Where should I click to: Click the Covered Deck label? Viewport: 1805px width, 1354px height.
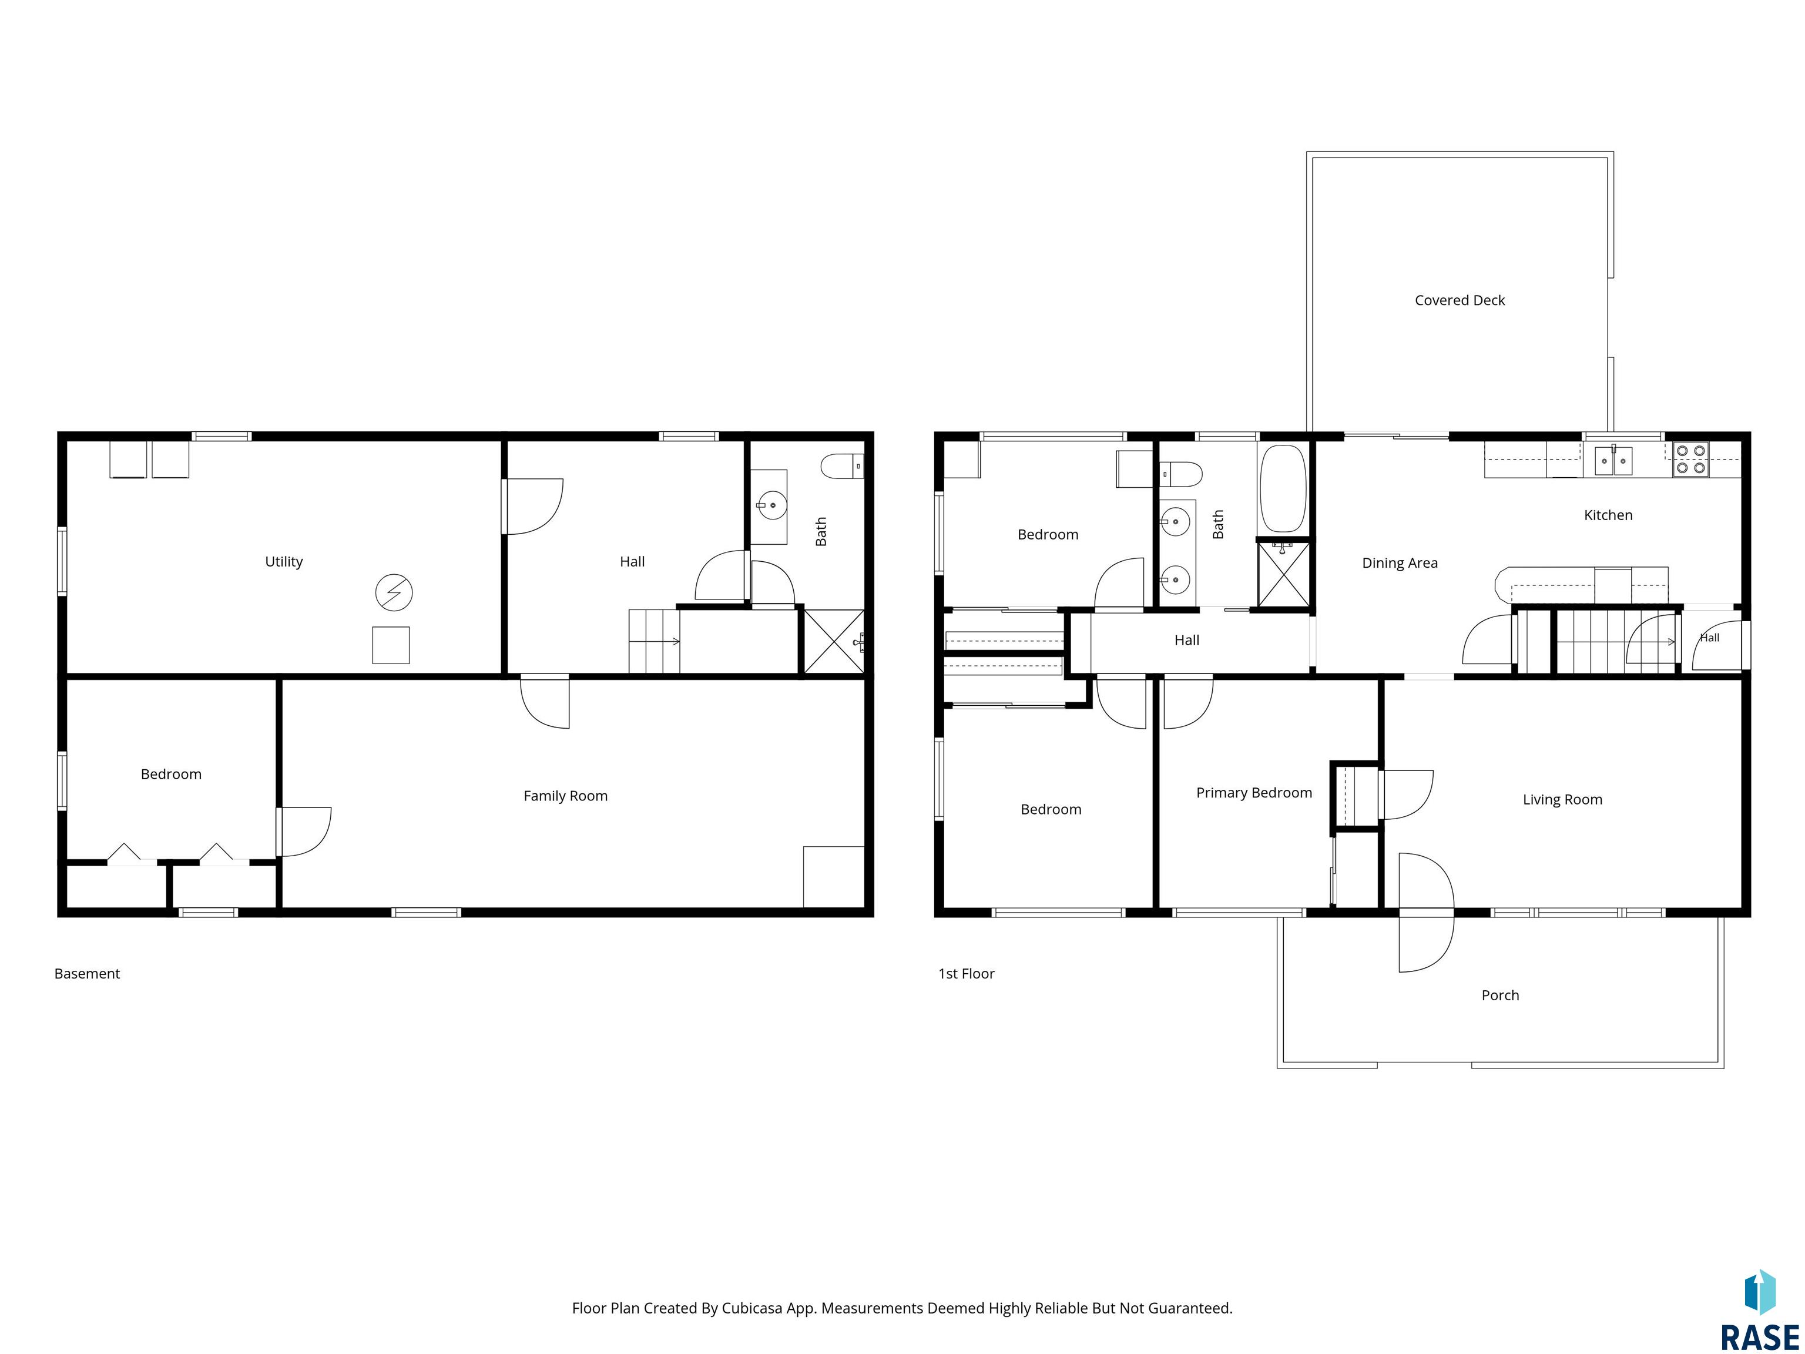click(1460, 300)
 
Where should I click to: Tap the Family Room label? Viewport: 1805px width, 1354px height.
click(565, 796)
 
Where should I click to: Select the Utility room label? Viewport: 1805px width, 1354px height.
click(284, 561)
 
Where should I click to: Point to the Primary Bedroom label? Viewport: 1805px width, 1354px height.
click(1254, 793)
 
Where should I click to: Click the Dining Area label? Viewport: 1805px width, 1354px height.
click(1400, 563)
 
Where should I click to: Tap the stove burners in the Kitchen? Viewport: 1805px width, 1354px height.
click(1691, 460)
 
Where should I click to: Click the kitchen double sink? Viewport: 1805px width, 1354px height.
click(1613, 460)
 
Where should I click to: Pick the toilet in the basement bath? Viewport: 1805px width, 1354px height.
click(842, 467)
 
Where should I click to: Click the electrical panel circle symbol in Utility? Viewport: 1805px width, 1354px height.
click(394, 592)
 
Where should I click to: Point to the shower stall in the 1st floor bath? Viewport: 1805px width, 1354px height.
click(1284, 575)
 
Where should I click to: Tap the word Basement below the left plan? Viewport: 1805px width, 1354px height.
click(88, 974)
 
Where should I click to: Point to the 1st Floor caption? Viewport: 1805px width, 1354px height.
click(966, 974)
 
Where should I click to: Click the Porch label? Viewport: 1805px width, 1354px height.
click(1500, 995)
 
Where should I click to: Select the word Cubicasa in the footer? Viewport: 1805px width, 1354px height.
click(751, 1308)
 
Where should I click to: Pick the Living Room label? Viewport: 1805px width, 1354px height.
click(1562, 800)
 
